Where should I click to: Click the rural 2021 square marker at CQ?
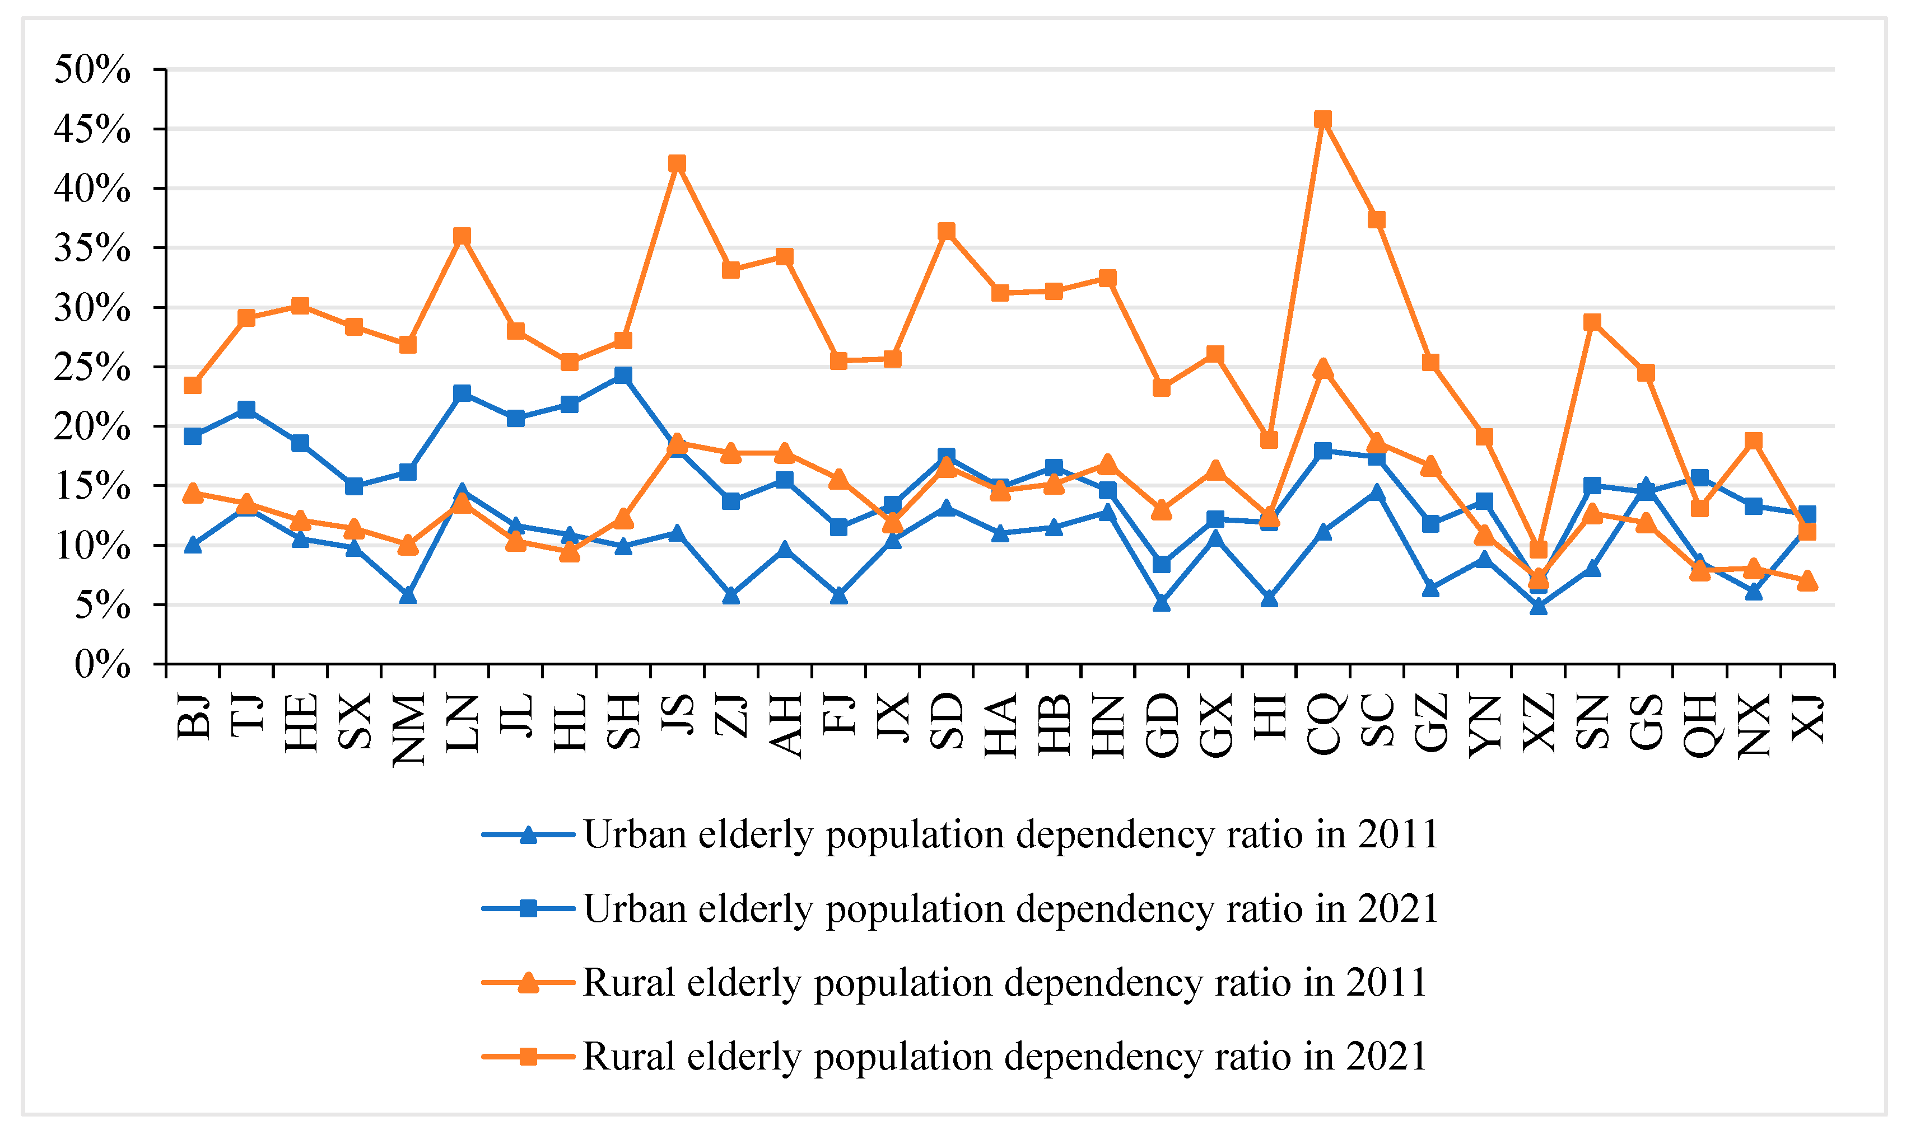tap(1323, 119)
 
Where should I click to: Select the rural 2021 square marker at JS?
tap(677, 163)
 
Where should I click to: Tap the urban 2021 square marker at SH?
tap(623, 375)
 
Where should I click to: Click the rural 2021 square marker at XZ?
tap(1539, 549)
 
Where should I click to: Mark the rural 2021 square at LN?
tap(462, 236)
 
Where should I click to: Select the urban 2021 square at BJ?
tap(193, 436)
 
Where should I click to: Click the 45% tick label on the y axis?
tap(92, 129)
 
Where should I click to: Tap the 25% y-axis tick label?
tap(92, 368)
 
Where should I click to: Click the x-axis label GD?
tap(1162, 725)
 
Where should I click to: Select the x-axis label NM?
tap(408, 730)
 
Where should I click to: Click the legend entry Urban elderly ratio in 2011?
tap(1010, 834)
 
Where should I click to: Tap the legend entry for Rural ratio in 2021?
tap(1004, 1056)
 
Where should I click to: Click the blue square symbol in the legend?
tap(528, 908)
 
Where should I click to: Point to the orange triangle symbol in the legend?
tap(528, 983)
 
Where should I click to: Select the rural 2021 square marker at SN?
tap(1592, 322)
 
